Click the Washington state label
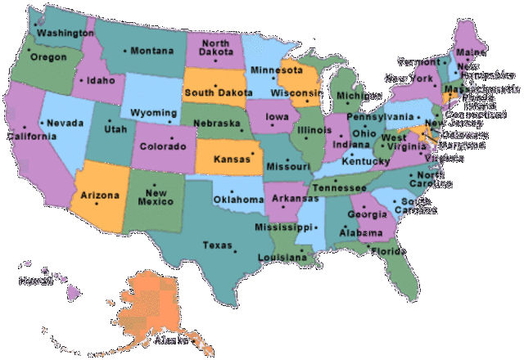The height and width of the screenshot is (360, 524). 65,34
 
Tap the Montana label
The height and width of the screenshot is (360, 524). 152,51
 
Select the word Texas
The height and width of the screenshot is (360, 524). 217,245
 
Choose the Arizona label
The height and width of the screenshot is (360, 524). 100,196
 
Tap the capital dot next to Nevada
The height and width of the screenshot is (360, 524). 43,123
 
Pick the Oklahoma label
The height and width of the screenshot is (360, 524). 238,200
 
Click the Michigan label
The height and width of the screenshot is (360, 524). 354,95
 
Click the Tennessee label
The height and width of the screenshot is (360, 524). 339,187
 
